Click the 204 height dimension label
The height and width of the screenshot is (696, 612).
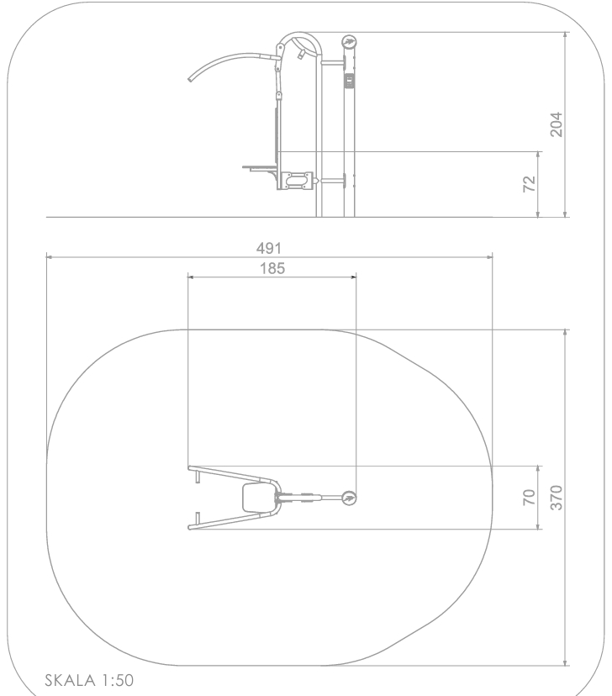point(556,124)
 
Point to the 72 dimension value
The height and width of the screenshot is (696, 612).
point(529,184)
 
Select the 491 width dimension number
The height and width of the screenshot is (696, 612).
point(268,248)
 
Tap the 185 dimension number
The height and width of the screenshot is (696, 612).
point(272,268)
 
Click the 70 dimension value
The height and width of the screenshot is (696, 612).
point(529,497)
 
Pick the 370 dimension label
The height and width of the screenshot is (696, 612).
point(556,498)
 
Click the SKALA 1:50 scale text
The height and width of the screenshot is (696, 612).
point(89,680)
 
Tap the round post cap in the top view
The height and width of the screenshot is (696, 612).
point(349,498)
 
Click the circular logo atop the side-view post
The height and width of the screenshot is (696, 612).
point(349,42)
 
